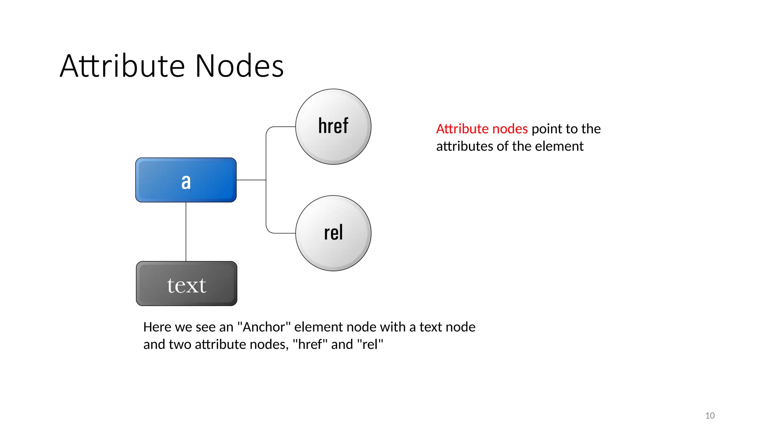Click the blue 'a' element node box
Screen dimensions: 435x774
[186, 180]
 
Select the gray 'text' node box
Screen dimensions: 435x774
[186, 284]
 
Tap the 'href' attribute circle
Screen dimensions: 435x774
[333, 126]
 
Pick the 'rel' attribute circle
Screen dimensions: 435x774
[333, 233]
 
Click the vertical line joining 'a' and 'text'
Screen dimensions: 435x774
[186, 231]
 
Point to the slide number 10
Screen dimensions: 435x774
[709, 416]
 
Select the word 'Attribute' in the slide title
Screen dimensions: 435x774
[122, 66]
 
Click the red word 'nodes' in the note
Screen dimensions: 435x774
[510, 129]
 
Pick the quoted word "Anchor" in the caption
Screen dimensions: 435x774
[264, 327]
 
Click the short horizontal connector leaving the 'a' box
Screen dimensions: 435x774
[251, 180]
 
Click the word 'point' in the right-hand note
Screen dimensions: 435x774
[546, 129]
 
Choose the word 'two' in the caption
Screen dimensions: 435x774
[180, 344]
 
